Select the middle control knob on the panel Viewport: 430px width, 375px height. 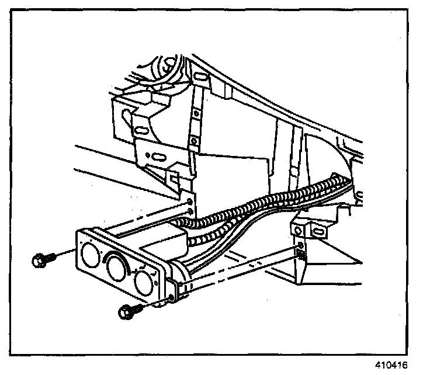point(118,269)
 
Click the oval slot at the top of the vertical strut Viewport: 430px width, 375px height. point(198,79)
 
